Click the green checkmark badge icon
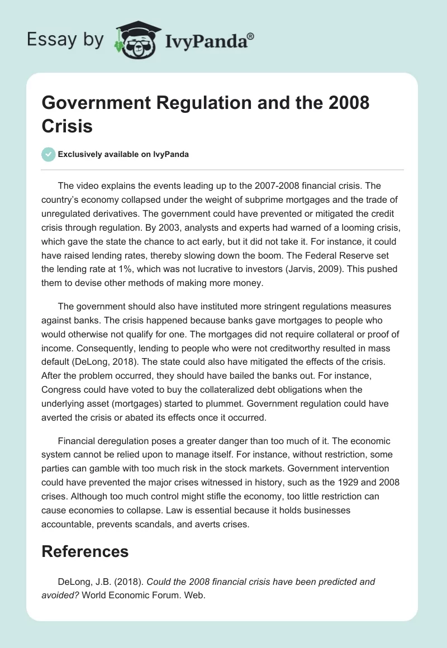pos(49,154)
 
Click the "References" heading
pos(85,551)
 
